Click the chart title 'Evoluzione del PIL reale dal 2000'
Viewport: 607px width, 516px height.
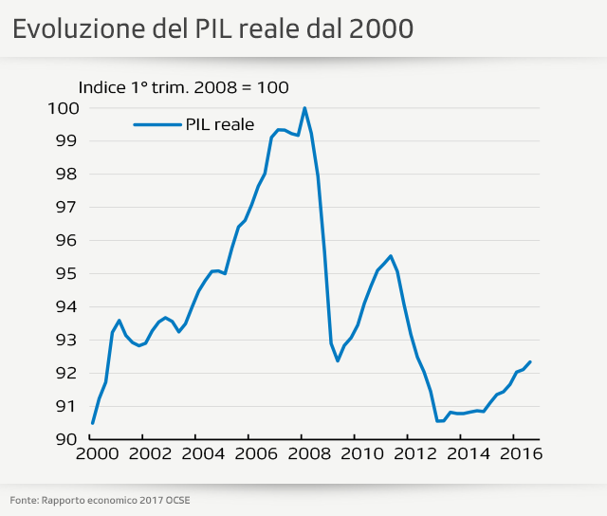click(212, 28)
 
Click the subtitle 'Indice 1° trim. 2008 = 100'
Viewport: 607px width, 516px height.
click(183, 87)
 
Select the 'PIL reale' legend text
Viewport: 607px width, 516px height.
click(220, 123)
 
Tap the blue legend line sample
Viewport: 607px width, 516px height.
click(157, 123)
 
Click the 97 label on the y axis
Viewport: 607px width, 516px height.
click(67, 207)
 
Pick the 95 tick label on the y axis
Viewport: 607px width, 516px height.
click(67, 273)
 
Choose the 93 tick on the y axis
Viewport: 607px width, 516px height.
click(67, 340)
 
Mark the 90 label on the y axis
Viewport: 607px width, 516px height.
click(67, 439)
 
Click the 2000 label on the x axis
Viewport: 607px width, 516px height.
click(93, 454)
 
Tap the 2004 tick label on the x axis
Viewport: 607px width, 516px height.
click(195, 454)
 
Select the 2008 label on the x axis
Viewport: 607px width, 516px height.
click(302, 454)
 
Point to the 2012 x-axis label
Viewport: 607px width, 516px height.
click(408, 454)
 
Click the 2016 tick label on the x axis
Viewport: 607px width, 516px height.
click(514, 454)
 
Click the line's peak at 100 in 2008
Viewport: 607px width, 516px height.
click(304, 108)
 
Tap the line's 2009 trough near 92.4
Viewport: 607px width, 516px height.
click(338, 360)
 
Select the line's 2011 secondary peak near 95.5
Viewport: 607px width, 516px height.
click(391, 256)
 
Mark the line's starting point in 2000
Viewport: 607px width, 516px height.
click(93, 423)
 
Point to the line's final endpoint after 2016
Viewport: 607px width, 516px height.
click(529, 361)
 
